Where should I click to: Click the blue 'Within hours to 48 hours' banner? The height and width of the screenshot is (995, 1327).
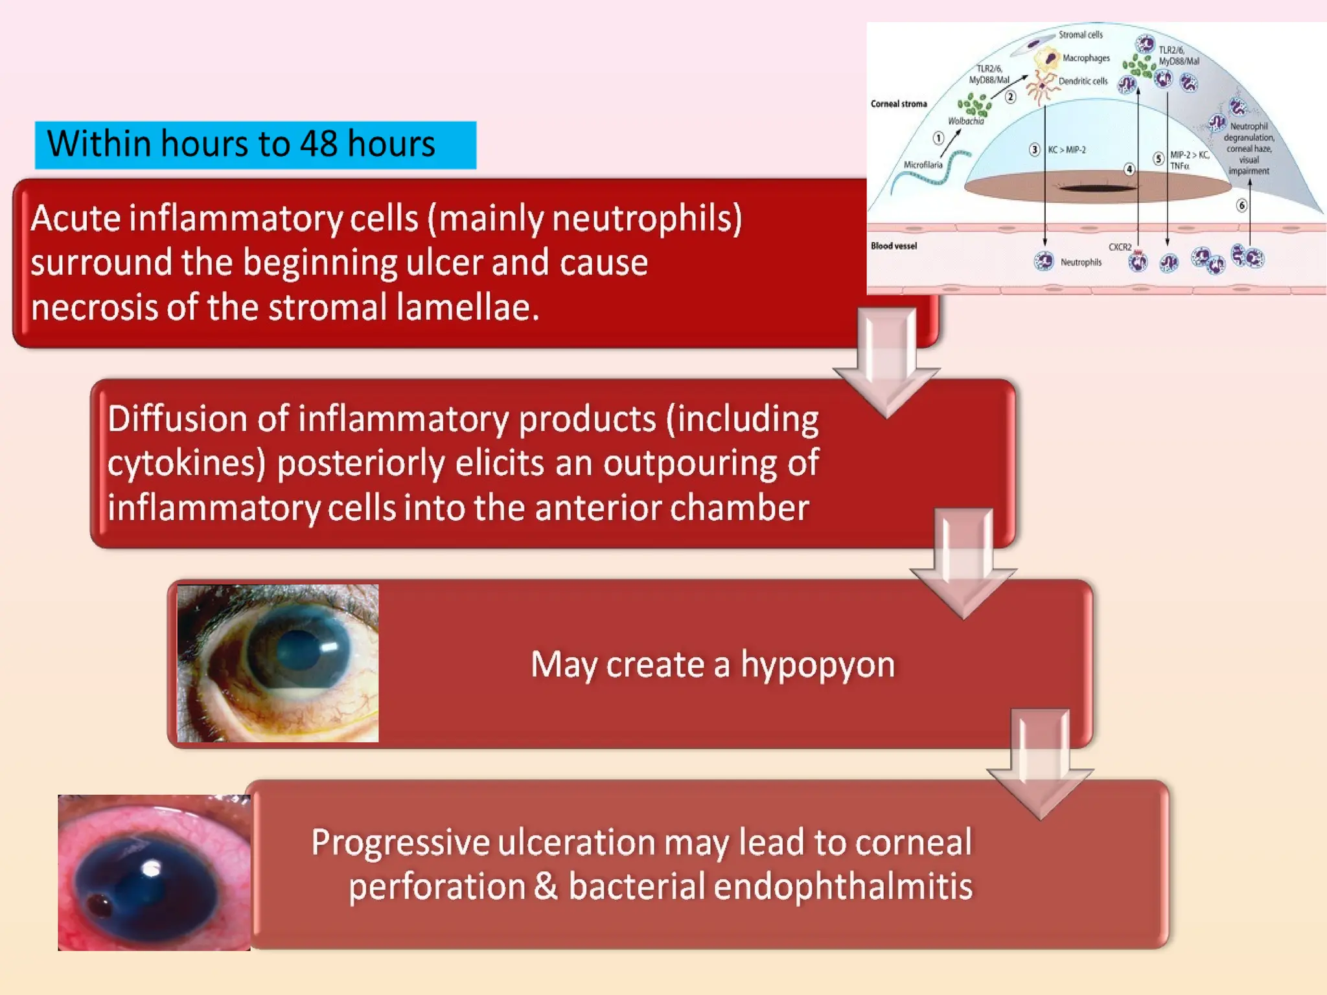pos(255,145)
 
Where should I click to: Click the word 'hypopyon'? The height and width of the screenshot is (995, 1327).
pos(818,665)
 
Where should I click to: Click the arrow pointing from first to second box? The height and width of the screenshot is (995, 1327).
pos(886,363)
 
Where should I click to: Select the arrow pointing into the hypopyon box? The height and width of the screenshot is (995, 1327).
pos(963,564)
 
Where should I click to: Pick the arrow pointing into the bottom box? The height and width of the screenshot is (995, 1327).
pos(1040,764)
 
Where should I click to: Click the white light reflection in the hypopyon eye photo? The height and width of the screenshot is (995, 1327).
pos(329,646)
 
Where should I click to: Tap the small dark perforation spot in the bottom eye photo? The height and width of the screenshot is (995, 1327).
pos(100,905)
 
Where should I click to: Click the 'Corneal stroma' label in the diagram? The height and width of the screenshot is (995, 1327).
pos(899,104)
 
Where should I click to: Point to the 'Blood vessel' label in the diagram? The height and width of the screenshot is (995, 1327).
pos(894,246)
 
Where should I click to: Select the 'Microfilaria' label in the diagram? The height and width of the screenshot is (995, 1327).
pos(923,165)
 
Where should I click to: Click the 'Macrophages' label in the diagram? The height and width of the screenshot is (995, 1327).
pos(1086,58)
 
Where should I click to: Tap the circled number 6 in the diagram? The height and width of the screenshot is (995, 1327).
pos(1241,205)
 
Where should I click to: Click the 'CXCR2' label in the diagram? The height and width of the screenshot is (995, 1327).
pos(1120,247)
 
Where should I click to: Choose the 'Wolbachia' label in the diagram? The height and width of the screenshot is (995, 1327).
pos(965,121)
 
